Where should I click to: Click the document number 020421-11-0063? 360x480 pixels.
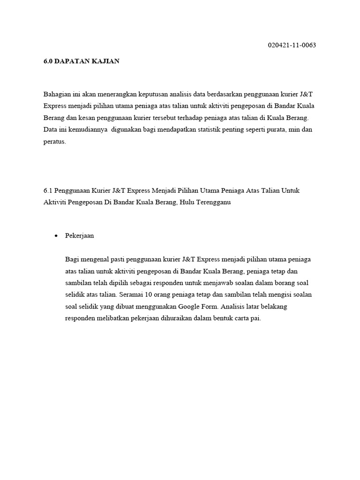pyautogui.click(x=292, y=45)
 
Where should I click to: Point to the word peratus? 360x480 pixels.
pyautogui.click(x=54, y=141)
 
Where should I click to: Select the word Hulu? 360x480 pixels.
pyautogui.click(x=187, y=203)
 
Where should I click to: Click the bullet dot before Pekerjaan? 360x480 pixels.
pyautogui.click(x=56, y=236)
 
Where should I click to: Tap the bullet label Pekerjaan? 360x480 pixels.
pyautogui.click(x=80, y=236)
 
